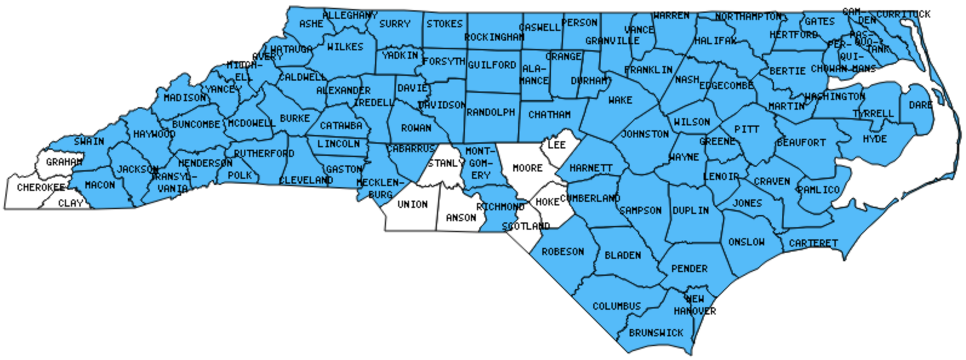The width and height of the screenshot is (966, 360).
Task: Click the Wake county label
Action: pos(620,100)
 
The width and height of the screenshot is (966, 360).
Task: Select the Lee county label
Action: pos(556,145)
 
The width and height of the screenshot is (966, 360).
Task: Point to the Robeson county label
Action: pos(562,252)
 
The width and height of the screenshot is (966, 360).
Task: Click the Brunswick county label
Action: pos(656,333)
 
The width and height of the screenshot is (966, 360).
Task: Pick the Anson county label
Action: pos(461,218)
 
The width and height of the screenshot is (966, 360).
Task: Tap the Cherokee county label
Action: pos(41,187)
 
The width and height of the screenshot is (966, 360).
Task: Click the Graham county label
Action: pos(64,162)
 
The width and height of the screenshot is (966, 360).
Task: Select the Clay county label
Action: pos(70,203)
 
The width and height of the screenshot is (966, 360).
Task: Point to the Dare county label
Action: pos(921,105)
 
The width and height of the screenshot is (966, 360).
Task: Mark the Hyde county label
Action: pos(874,139)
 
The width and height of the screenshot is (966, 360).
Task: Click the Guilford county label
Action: pos(491,65)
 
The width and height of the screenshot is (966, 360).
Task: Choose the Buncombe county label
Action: pos(196,124)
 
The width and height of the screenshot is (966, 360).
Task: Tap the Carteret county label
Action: pos(813,243)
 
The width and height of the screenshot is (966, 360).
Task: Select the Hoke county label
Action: pos(547,202)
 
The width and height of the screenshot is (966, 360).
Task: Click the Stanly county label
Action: pos(446,163)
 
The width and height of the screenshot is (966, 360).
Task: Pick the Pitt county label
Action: pos(746,129)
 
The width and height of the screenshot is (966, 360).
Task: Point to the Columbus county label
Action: pos(616,306)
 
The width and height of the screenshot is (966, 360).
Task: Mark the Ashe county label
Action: pos(311,24)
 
